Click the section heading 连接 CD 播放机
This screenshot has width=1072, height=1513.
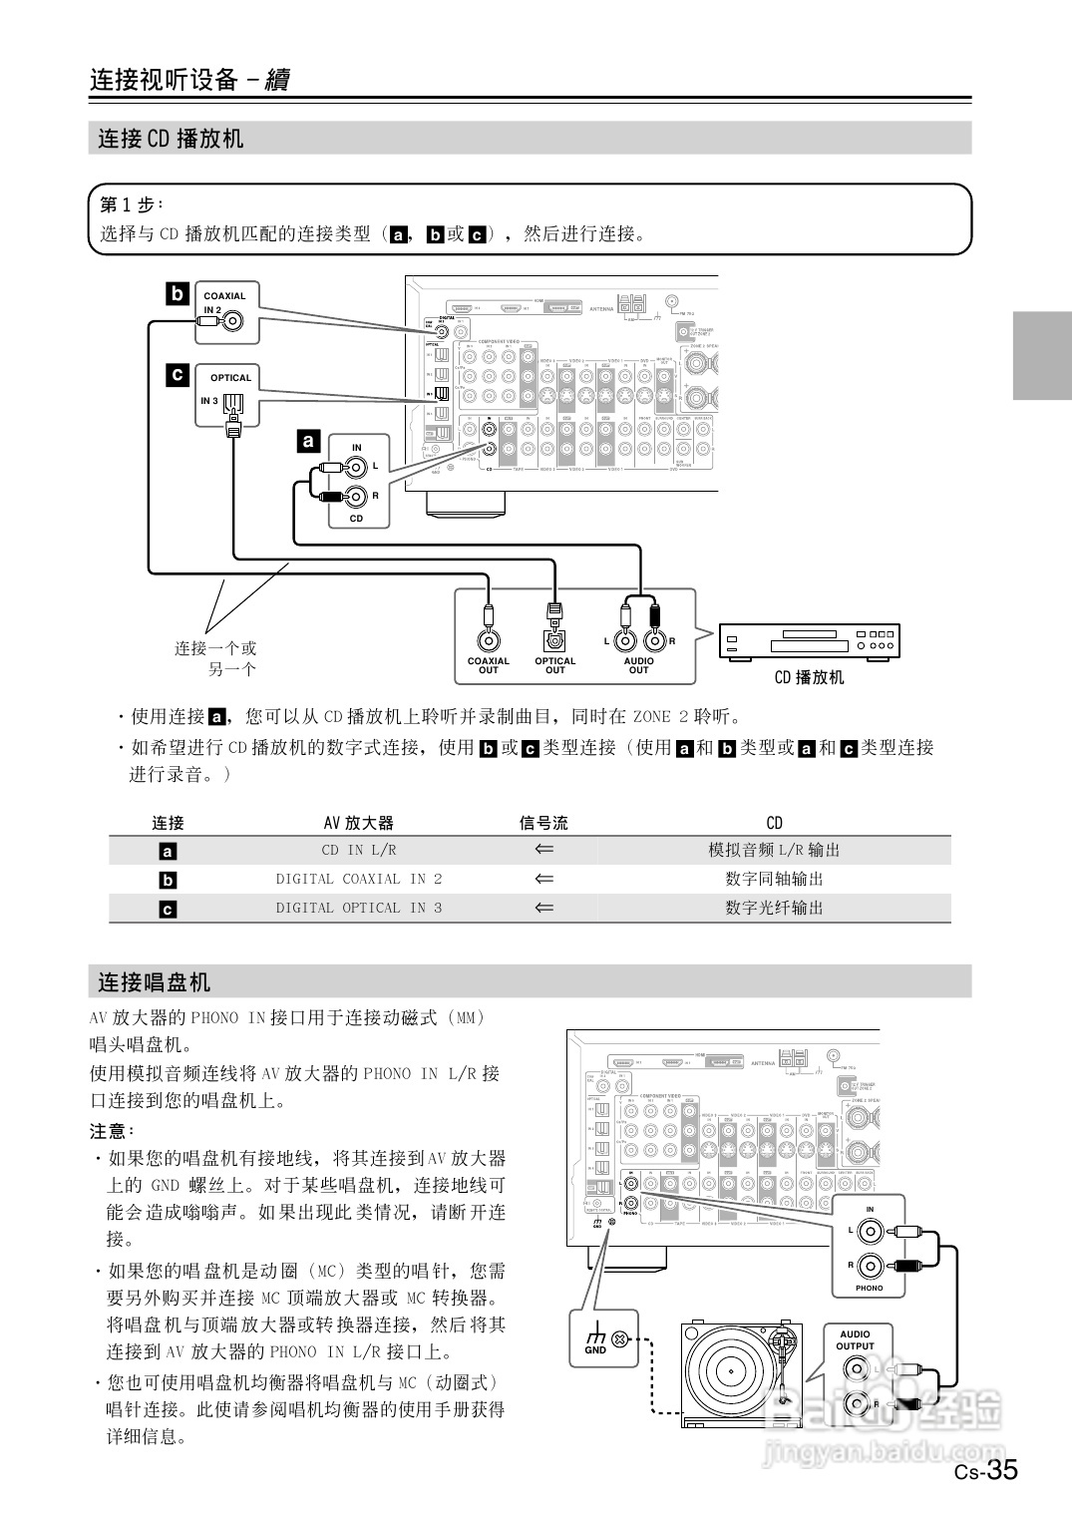click(x=171, y=139)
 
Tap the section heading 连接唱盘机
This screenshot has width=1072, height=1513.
click(x=155, y=981)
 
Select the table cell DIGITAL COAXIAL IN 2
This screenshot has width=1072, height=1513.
click(x=359, y=879)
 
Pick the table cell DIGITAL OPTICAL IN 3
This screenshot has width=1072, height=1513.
click(x=359, y=908)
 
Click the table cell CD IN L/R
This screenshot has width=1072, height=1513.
click(x=359, y=850)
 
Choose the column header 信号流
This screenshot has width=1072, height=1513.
click(x=543, y=823)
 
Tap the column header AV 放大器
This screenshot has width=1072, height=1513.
click(x=359, y=823)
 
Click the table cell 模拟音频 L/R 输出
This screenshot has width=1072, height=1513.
click(x=774, y=850)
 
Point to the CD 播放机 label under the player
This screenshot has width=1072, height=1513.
click(x=809, y=677)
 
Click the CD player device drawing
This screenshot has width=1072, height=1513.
click(x=809, y=641)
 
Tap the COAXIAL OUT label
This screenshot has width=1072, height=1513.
click(x=488, y=665)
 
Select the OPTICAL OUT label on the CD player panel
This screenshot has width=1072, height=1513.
click(x=554, y=665)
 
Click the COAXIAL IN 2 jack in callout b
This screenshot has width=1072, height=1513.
click(x=233, y=321)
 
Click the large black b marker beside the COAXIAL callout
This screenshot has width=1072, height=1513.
click(x=178, y=294)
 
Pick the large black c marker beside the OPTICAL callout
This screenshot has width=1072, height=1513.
click(x=178, y=375)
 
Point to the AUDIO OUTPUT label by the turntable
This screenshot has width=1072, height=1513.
click(x=855, y=1339)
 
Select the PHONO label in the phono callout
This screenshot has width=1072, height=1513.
click(x=869, y=1288)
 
